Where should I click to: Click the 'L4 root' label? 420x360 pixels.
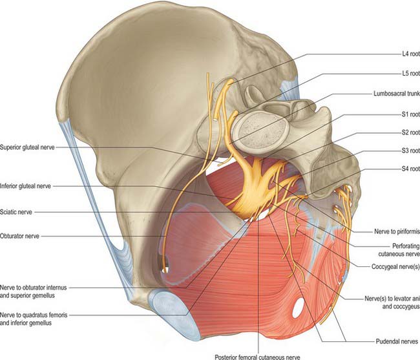(x=410, y=54)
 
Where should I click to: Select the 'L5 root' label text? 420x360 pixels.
(x=410, y=73)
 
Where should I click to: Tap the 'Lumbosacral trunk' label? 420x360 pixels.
(x=397, y=94)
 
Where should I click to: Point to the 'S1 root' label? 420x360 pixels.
(x=410, y=114)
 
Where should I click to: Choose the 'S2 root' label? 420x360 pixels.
(x=410, y=132)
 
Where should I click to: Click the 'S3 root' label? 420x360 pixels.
(x=410, y=151)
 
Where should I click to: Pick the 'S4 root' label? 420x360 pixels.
(x=410, y=169)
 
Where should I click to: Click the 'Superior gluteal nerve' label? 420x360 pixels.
(x=27, y=147)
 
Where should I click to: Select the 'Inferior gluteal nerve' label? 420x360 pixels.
(x=25, y=186)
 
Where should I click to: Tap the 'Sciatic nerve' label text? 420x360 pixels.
(x=16, y=212)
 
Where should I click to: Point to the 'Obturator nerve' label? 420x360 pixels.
(x=19, y=237)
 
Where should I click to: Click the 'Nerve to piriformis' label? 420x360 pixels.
(x=397, y=231)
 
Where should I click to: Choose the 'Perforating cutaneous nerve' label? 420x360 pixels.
(x=399, y=249)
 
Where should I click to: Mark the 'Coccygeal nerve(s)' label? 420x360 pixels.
(x=395, y=267)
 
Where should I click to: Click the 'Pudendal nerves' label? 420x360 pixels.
(x=397, y=341)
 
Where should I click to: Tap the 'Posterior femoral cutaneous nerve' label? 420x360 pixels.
(x=257, y=357)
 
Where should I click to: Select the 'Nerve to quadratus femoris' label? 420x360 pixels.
(x=34, y=315)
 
